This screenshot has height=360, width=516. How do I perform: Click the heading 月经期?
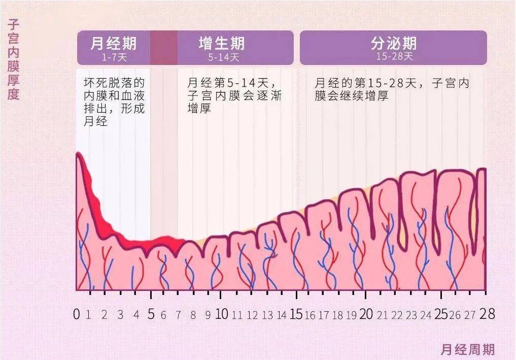tap(113, 43)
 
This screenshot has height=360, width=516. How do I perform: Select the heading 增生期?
tap(222, 43)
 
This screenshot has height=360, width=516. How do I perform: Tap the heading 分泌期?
tap(394, 43)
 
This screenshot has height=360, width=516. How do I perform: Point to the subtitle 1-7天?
tap(114, 57)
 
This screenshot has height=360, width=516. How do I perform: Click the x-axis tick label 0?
tap(77, 314)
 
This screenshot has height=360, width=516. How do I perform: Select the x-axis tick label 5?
tap(151, 314)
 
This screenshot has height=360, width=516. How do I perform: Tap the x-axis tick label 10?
tap(222, 314)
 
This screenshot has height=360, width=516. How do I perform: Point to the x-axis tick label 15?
tap(296, 314)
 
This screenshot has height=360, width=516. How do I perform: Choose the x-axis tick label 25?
tap(440, 314)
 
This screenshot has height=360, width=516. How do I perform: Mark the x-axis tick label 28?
tap(487, 314)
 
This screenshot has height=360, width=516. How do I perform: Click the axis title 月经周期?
tap(467, 349)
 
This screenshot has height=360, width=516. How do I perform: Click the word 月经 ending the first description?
tap(95, 121)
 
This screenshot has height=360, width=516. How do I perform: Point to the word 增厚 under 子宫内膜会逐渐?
tap(199, 108)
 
